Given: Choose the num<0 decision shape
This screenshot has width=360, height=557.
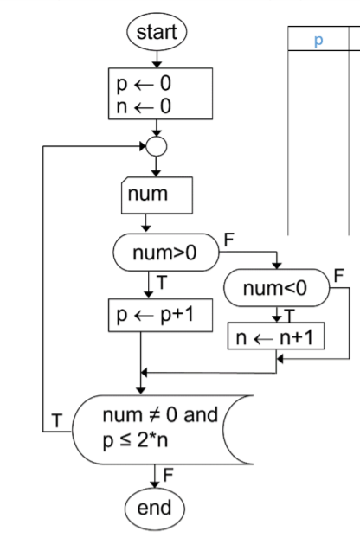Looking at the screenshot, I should point(275,286).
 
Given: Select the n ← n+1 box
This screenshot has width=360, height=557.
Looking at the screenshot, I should point(275,335).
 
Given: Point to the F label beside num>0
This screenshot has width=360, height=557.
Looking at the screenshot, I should point(228,236).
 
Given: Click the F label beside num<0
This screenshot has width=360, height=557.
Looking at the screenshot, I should point(337,273).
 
